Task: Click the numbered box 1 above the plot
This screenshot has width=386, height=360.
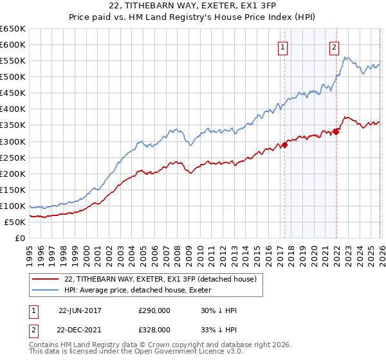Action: (283, 46)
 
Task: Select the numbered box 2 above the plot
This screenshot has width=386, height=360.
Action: (335, 46)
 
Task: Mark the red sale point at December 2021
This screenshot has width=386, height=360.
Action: (336, 132)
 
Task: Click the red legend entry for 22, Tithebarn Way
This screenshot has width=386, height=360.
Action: (161, 279)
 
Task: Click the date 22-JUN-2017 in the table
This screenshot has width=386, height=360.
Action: (80, 310)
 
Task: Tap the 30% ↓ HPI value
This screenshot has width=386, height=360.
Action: (219, 310)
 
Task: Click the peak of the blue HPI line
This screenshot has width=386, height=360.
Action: (346, 57)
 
